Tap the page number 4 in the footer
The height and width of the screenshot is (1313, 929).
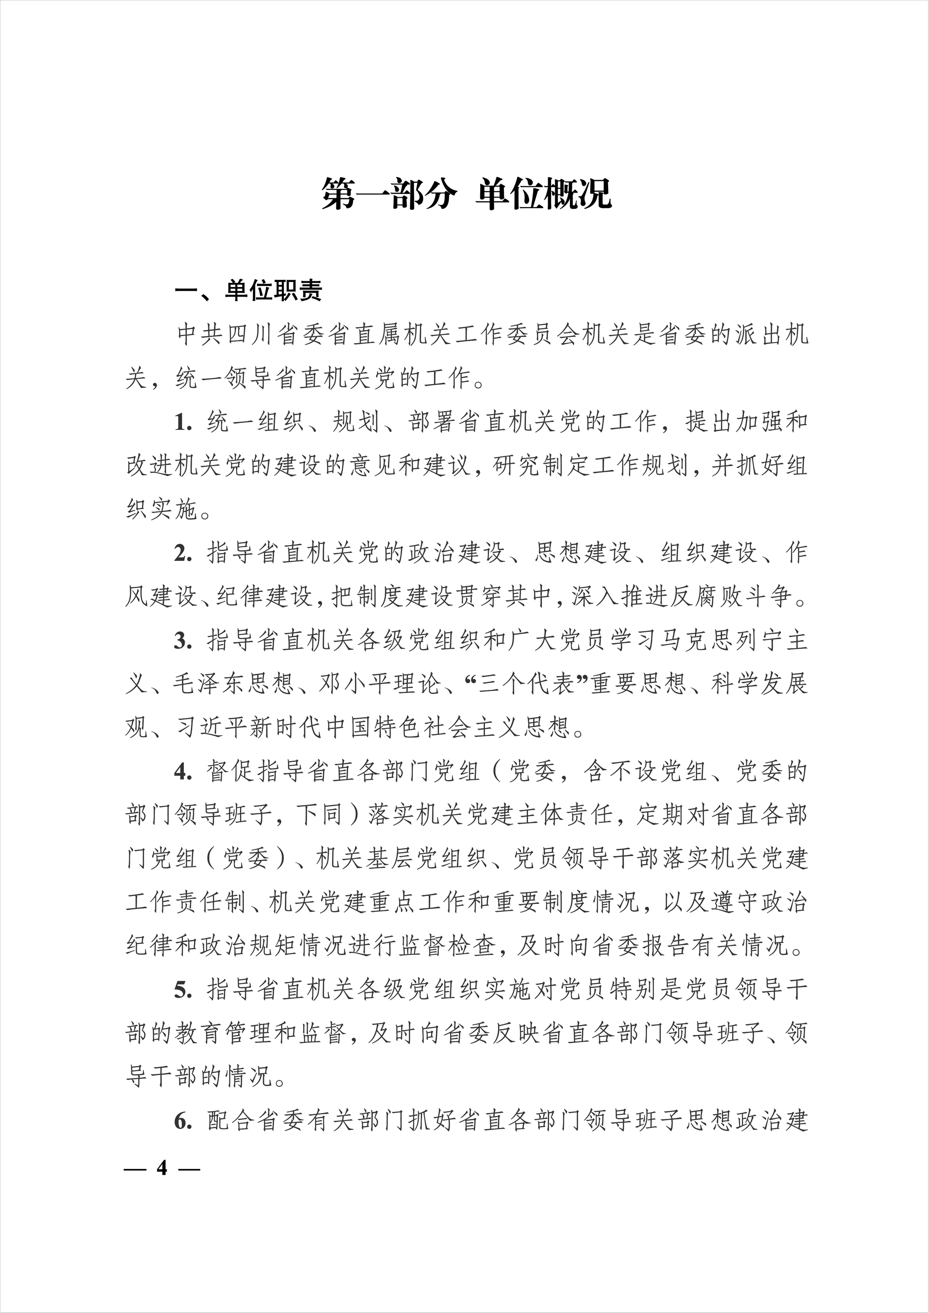163,1167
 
